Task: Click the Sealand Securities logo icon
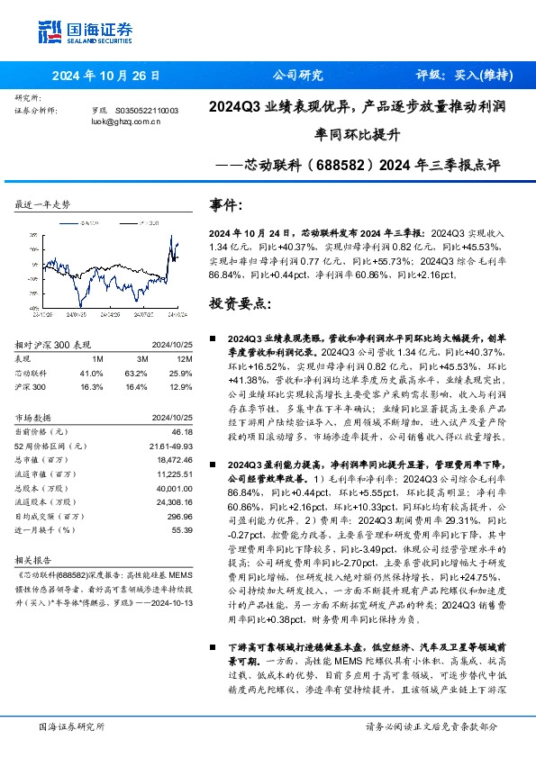pyautogui.click(x=48, y=32)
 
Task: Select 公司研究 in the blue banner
pyautogui.click(x=297, y=76)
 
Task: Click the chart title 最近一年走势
pyautogui.click(x=43, y=205)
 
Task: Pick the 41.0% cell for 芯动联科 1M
pyautogui.click(x=91, y=372)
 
